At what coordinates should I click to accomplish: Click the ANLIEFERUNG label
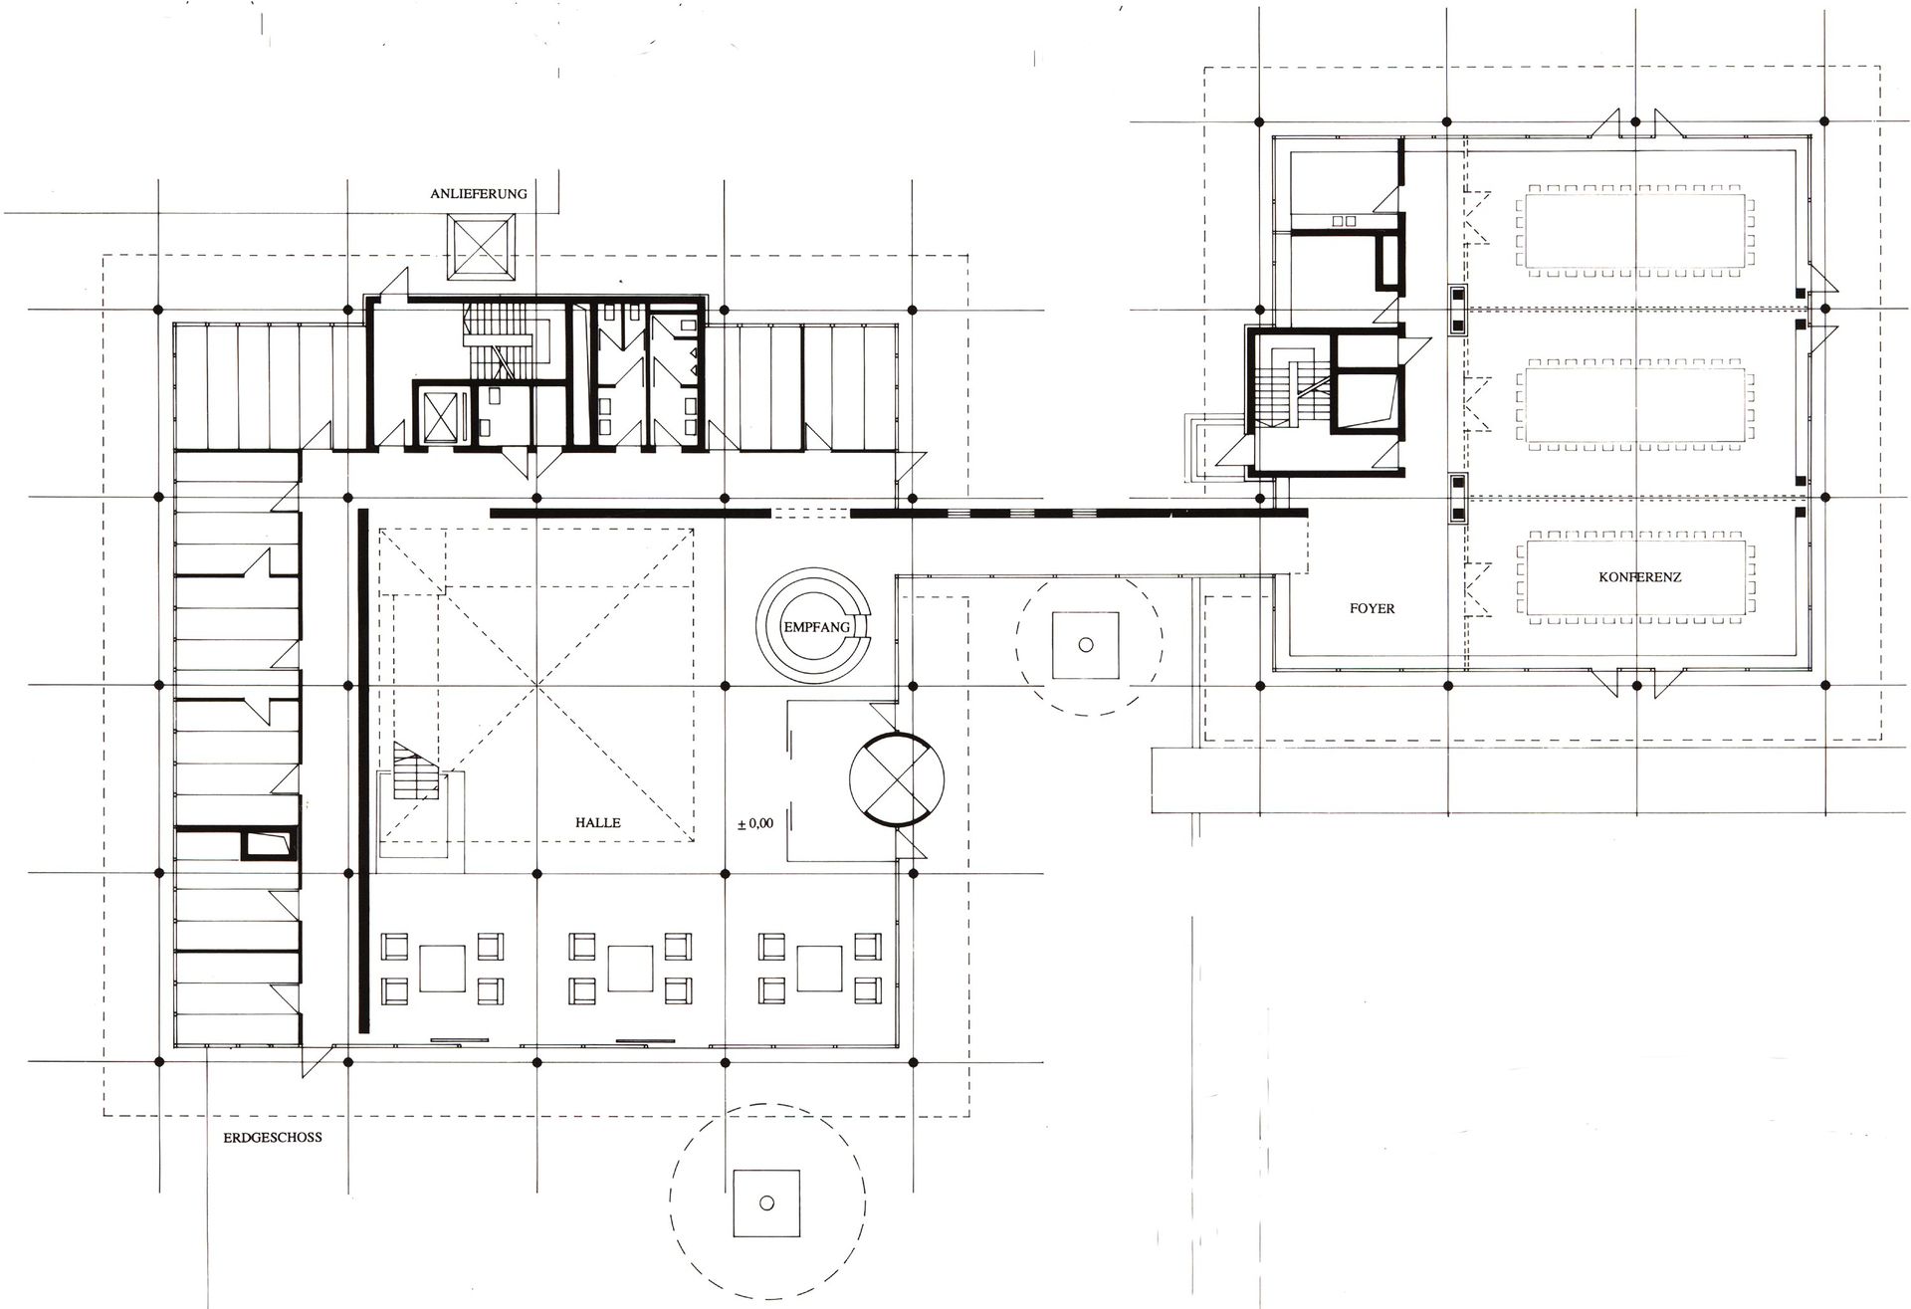(478, 194)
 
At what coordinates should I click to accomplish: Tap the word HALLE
(597, 822)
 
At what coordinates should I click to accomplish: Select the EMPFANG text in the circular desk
(816, 628)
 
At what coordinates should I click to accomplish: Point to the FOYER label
(1372, 608)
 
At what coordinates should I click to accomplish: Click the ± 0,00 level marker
(755, 824)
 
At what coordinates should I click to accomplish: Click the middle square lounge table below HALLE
(629, 967)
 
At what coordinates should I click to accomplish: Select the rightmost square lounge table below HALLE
(820, 967)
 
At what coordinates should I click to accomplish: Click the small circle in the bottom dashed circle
(765, 1202)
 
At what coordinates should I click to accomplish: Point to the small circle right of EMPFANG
(1086, 645)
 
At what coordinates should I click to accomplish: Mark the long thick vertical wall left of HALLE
(363, 770)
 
